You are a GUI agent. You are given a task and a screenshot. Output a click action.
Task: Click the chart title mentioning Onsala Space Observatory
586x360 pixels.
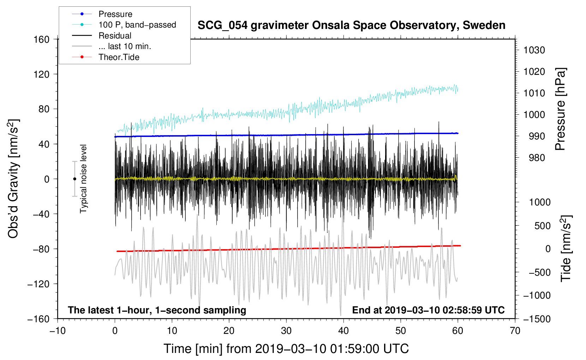[x=351, y=25]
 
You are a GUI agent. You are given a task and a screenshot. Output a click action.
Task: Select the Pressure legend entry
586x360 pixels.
[x=115, y=14]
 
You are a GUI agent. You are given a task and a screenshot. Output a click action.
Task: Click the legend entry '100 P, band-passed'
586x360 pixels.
[x=137, y=25]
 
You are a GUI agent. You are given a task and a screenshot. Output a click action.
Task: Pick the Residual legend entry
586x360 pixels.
[x=115, y=36]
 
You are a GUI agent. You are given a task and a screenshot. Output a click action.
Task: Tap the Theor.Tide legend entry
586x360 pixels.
[x=119, y=57]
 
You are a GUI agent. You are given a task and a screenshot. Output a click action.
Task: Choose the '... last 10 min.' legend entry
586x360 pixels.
[x=125, y=46]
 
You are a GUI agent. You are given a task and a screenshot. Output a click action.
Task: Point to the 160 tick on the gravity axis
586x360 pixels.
[x=42, y=39]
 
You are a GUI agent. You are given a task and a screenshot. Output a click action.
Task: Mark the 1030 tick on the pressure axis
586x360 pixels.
[x=534, y=50]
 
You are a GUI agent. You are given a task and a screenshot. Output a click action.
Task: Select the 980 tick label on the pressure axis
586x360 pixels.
[x=537, y=158]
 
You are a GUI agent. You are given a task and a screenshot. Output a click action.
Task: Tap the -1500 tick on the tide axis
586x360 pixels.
[x=537, y=319]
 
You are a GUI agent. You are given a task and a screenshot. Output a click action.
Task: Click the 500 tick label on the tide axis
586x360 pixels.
[x=542, y=226]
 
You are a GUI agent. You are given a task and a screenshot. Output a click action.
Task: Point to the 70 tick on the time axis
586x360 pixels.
[x=515, y=331]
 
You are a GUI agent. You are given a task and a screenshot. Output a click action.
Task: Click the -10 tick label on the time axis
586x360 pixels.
[x=58, y=331]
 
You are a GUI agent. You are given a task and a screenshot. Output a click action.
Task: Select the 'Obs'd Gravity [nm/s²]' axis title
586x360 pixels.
[x=13, y=179]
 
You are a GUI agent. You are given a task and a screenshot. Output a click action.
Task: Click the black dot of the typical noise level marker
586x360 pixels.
[x=74, y=179]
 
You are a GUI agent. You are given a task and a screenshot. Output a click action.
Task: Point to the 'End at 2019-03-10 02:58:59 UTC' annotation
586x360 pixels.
[x=428, y=310]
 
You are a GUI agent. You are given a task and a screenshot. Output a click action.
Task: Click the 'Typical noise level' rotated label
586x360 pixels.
[x=83, y=179]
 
